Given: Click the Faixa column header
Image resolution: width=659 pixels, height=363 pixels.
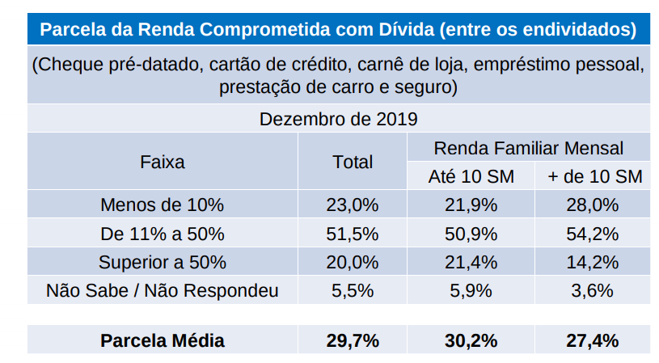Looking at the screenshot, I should (x=162, y=162).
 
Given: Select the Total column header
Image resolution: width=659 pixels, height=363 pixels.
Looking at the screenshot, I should (x=353, y=162).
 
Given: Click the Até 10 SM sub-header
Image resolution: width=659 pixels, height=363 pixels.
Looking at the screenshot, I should (x=471, y=176).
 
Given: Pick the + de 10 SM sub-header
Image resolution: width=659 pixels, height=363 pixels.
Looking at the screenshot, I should (x=594, y=176).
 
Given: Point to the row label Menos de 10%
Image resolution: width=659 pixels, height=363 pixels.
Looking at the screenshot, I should (x=162, y=205).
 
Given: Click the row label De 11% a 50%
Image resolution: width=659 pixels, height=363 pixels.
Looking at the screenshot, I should (x=162, y=234).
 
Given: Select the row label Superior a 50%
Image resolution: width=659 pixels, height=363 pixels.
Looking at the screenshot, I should (x=162, y=262).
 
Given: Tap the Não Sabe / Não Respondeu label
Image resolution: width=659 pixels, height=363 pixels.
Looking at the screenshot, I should (x=162, y=291).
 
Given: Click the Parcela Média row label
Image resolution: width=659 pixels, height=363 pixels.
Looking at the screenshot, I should (x=162, y=340).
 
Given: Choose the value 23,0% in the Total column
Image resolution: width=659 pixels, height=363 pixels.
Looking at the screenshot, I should (x=353, y=205).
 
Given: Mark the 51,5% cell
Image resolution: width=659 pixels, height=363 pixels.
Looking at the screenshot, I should (x=353, y=234).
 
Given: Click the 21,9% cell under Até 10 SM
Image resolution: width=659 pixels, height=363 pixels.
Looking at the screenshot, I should (x=471, y=205).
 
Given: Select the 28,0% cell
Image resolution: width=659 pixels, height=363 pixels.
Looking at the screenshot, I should (x=594, y=205).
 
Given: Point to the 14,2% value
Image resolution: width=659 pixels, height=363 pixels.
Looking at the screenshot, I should (x=594, y=262).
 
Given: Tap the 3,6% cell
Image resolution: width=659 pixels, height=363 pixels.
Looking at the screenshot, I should (x=594, y=291).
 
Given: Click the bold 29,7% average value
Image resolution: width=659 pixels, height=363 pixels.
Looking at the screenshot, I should (x=353, y=340).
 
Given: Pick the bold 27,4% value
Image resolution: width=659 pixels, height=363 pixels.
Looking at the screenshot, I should (x=594, y=340).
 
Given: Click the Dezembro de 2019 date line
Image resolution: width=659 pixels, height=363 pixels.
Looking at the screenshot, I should (x=338, y=120).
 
